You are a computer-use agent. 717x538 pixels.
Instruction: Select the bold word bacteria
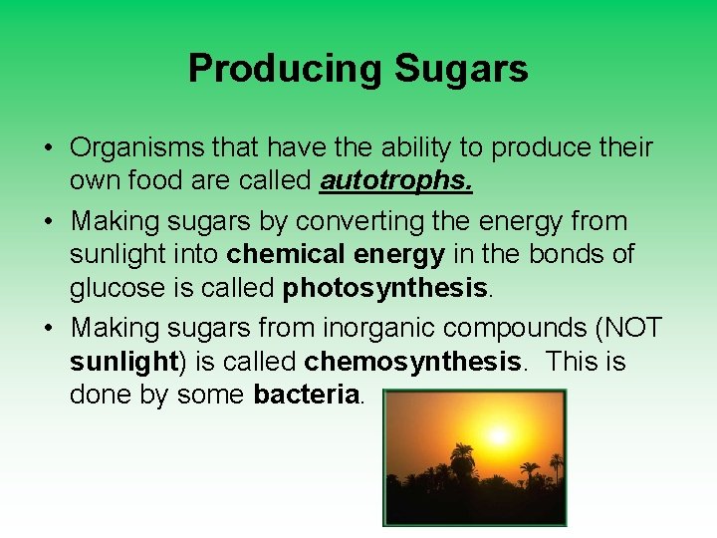tap(306, 396)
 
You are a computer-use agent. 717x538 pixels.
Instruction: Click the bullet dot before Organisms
tap(48, 148)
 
